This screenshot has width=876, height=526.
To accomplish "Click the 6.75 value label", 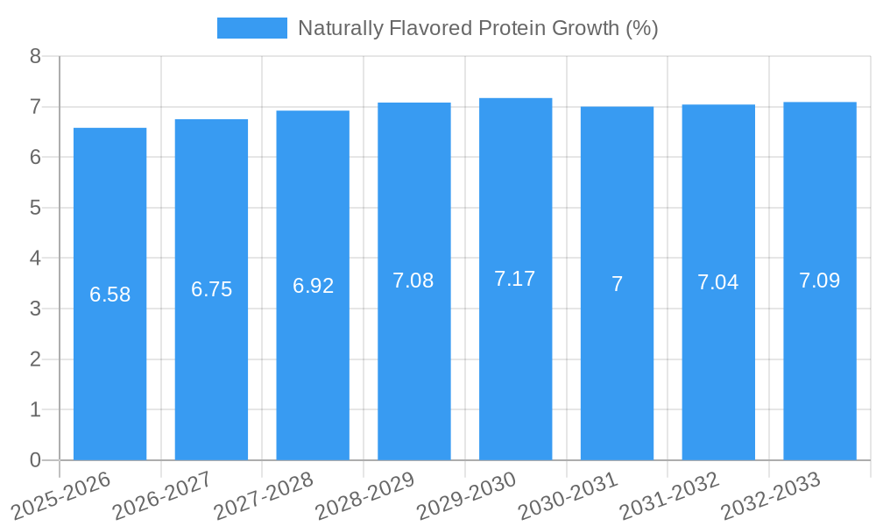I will (x=211, y=290).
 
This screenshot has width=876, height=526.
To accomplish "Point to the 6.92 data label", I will (x=313, y=286).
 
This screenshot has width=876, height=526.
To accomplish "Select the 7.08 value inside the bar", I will (x=413, y=281).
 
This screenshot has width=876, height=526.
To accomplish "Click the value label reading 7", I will (x=617, y=284).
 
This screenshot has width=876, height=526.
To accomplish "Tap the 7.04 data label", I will (x=717, y=282).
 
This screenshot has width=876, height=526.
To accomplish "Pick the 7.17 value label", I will (x=515, y=279).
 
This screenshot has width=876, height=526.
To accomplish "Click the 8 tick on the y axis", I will (x=35, y=57).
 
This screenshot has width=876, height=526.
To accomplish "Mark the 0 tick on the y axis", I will (x=35, y=460).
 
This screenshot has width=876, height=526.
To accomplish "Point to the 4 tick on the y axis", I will (x=35, y=259).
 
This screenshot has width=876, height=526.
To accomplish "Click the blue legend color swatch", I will (x=251, y=28).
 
